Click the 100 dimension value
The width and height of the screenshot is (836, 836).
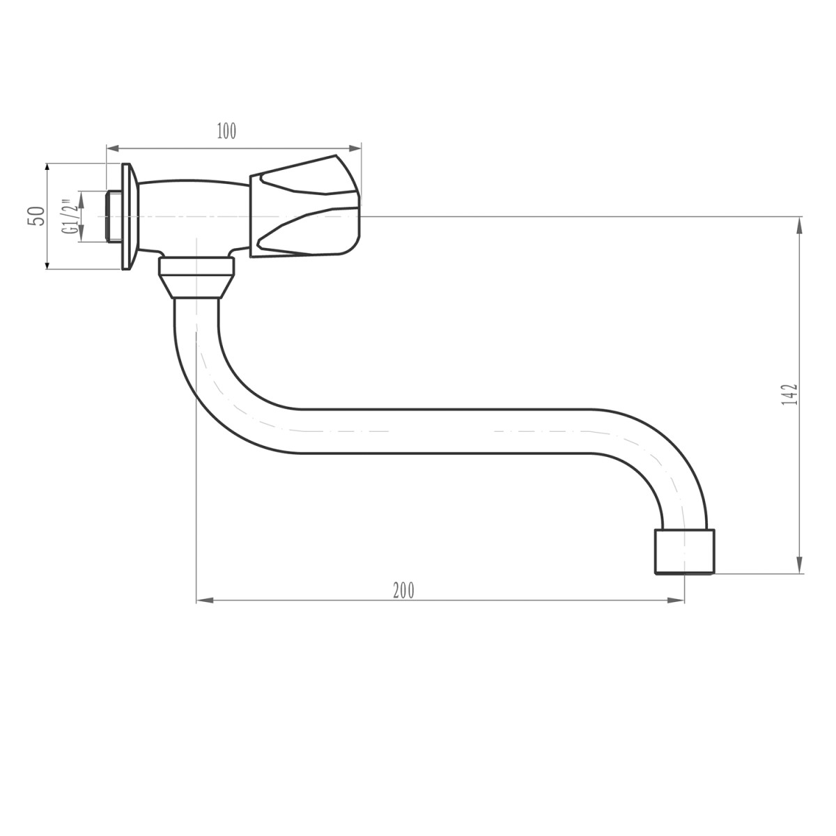click(227, 131)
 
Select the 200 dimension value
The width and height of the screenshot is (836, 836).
click(403, 590)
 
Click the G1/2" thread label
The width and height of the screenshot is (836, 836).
click(68, 217)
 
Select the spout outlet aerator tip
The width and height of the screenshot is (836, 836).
click(685, 552)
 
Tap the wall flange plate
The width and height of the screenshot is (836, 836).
click(127, 217)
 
